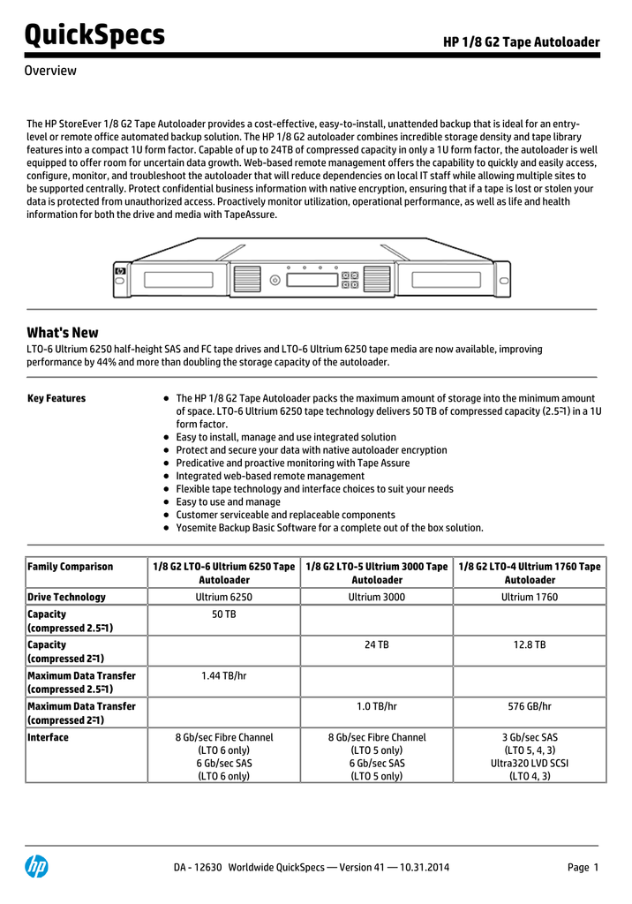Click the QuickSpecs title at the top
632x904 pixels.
tap(95, 35)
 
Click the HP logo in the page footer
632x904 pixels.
tap(36, 867)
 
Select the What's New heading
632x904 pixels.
tap(63, 333)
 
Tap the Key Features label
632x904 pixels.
tap(56, 398)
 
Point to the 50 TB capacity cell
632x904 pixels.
tap(224, 614)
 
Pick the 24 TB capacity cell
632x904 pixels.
tap(377, 644)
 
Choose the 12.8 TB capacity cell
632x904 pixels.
tap(530, 644)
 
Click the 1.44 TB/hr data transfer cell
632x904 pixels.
tap(224, 675)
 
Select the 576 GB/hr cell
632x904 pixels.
tap(530, 706)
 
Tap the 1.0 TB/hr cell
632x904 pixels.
tap(377, 706)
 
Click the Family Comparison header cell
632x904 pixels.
tap(71, 566)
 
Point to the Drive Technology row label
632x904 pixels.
tap(67, 597)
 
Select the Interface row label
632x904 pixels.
tap(48, 737)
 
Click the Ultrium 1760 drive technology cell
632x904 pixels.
tap(530, 597)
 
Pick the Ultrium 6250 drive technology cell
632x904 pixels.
tap(224, 597)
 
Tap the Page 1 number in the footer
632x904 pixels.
tap(583, 867)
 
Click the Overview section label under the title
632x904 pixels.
tap(50, 71)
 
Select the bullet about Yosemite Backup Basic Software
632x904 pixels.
tap(329, 528)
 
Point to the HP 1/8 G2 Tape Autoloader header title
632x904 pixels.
tap(521, 42)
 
